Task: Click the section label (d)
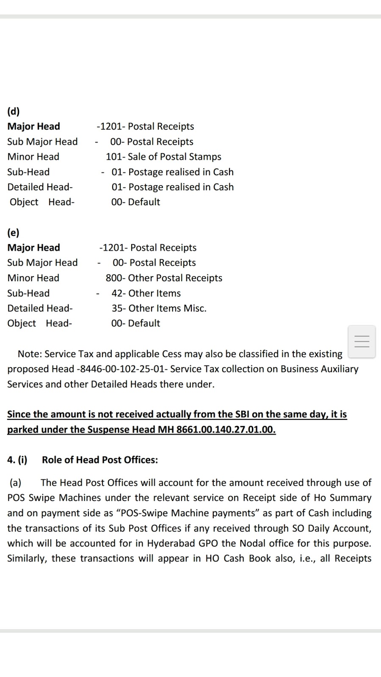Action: click(x=14, y=111)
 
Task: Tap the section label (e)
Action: click(x=14, y=232)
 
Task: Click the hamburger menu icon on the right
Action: click(x=362, y=341)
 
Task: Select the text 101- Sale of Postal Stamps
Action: click(x=163, y=157)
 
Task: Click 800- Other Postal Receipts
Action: click(x=164, y=278)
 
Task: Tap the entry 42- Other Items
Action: click(x=146, y=293)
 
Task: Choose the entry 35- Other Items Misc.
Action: click(x=159, y=308)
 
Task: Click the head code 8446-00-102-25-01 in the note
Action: click(x=123, y=369)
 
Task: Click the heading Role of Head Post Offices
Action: click(x=100, y=460)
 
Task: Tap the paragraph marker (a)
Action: click(x=15, y=483)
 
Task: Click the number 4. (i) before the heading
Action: click(x=17, y=460)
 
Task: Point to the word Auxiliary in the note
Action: click(x=337, y=369)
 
